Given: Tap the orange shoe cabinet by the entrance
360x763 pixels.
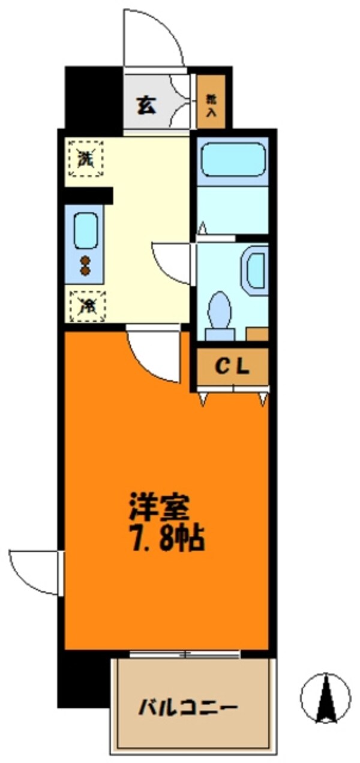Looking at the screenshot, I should coord(211,101).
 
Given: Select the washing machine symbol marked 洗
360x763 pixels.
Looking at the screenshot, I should coord(86,159).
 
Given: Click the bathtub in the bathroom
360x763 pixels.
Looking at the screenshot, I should coord(233,159).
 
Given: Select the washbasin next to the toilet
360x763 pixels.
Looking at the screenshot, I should coord(256,270).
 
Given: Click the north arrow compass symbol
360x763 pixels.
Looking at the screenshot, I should coord(325,698).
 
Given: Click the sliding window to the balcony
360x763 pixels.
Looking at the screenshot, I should coord(185,654).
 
